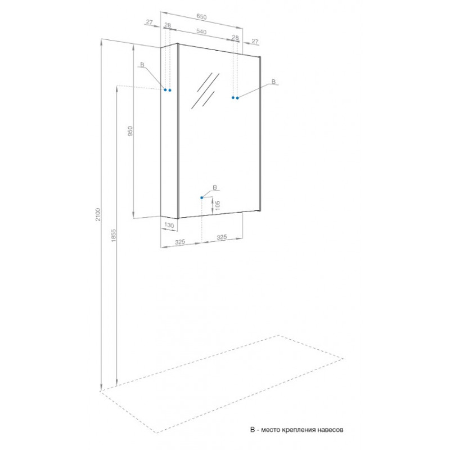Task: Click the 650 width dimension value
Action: tap(201, 17)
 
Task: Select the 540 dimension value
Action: tap(201, 31)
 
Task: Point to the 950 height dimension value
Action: tap(130, 131)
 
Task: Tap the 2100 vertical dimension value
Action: tap(98, 214)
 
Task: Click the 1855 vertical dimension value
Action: tap(114, 235)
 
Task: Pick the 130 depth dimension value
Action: tap(169, 226)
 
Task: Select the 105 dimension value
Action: tap(217, 205)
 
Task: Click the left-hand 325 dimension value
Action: tap(180, 242)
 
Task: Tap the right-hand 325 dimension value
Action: tap(222, 237)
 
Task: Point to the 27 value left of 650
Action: tap(150, 22)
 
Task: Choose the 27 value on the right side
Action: tap(255, 41)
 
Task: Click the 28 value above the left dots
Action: tap(168, 25)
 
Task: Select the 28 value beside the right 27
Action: tap(235, 37)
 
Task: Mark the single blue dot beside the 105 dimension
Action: tap(202, 197)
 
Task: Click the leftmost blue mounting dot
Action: tap(165, 90)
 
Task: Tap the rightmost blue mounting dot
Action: tap(237, 98)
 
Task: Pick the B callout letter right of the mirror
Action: tap(273, 82)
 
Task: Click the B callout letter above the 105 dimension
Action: tap(215, 187)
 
